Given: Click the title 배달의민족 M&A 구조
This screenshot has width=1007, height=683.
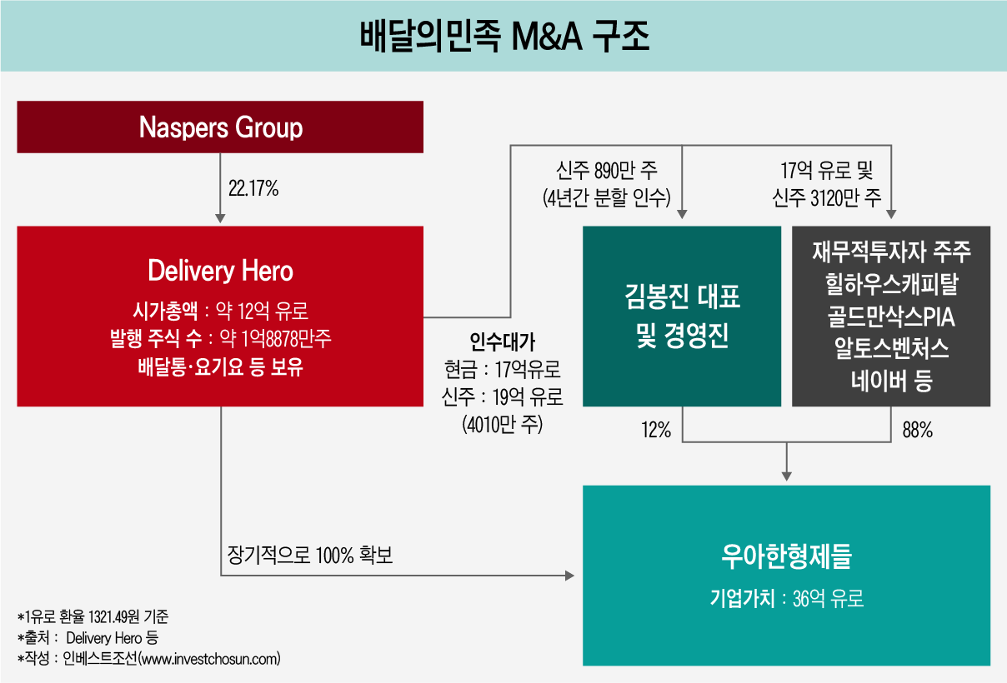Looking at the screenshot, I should (x=503, y=37).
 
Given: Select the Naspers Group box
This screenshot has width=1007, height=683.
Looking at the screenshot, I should (x=220, y=127).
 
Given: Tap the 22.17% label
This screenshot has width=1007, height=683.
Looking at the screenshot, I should (x=253, y=189).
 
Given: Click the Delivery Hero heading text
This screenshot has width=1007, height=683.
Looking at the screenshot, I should (x=220, y=271).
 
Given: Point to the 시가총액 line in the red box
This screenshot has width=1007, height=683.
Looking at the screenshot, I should (x=220, y=312).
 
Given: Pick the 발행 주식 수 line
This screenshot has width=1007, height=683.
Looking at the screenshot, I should (x=220, y=339).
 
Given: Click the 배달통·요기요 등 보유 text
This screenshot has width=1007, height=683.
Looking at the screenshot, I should (x=220, y=366).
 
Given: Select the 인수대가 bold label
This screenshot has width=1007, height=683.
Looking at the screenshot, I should (x=502, y=342).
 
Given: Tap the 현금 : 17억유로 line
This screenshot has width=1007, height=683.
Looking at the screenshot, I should (x=502, y=369).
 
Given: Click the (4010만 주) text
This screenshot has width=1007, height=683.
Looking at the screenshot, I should (x=502, y=424).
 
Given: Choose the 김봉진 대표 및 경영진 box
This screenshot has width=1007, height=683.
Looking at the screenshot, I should (x=682, y=317).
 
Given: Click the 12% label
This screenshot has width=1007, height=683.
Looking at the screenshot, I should (x=656, y=431).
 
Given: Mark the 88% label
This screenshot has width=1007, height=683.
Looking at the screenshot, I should (x=918, y=431).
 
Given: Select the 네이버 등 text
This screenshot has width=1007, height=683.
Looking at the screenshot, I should (x=891, y=381).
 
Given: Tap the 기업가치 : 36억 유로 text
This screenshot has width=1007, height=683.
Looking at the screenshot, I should (x=787, y=598).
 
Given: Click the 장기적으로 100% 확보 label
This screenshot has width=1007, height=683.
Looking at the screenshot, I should (x=309, y=556).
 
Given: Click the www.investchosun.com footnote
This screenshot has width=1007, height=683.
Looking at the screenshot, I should (x=209, y=659).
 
